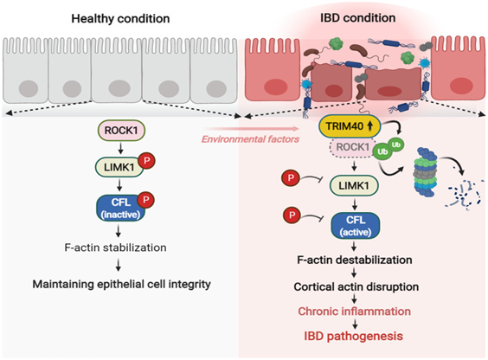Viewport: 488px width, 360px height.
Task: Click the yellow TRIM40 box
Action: (x=350, y=126)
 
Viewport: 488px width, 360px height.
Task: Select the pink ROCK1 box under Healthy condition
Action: (x=121, y=131)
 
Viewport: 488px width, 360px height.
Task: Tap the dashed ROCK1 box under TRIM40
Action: (x=351, y=147)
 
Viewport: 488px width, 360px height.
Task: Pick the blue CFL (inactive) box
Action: (x=121, y=209)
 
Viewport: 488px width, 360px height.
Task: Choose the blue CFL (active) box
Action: (x=356, y=226)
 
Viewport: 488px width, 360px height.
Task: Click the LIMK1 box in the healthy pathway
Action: (x=119, y=167)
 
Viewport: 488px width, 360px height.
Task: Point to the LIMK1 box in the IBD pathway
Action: (x=354, y=186)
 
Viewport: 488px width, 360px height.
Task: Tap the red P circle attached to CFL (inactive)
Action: (x=146, y=199)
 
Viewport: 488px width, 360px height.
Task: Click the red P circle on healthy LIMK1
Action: (x=146, y=161)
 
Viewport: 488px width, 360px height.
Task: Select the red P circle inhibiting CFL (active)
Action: (x=292, y=215)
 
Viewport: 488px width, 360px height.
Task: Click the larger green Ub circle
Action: (x=382, y=151)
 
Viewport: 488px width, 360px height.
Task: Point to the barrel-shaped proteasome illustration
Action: (x=426, y=172)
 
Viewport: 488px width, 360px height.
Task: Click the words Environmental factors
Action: (x=251, y=139)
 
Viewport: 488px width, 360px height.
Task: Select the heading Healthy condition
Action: (x=120, y=19)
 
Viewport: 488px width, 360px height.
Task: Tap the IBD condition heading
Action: (x=358, y=18)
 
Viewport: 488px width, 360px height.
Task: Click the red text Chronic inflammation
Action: (x=355, y=312)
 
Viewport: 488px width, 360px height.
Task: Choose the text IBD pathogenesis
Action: (x=354, y=336)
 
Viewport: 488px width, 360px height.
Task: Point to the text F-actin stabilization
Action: (x=115, y=247)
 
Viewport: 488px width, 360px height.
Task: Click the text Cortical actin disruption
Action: (x=356, y=286)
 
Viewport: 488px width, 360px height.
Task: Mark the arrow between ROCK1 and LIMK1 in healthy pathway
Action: (x=121, y=148)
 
